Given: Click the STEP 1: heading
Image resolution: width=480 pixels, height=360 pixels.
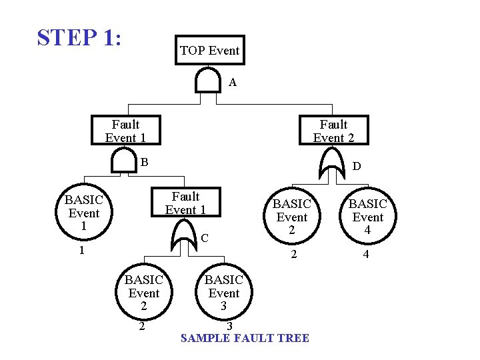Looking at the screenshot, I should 79,37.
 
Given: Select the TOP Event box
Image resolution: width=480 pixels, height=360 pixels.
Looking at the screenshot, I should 209,50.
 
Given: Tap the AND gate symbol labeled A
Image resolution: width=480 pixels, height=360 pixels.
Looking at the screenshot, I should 208,81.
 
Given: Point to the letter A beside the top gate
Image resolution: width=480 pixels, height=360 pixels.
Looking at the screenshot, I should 233,83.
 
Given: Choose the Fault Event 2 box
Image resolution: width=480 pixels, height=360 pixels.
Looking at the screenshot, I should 333,131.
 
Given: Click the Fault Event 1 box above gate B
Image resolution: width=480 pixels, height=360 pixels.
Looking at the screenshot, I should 125,131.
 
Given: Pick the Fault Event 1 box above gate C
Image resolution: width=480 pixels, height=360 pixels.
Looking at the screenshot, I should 185,203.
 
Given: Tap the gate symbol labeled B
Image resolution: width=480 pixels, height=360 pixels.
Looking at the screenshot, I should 123,161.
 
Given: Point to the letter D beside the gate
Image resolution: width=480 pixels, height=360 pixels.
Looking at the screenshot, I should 357,166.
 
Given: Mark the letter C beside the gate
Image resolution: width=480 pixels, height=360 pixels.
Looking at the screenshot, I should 205,238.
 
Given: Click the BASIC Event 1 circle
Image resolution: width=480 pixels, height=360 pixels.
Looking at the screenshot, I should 84,213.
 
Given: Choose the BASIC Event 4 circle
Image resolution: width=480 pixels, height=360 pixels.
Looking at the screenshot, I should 367,217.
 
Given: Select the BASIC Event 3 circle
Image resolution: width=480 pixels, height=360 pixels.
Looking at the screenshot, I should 223,293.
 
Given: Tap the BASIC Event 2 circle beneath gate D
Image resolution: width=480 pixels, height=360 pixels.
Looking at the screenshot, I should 291,217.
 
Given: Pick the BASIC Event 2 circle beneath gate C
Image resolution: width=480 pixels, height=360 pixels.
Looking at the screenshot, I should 143,293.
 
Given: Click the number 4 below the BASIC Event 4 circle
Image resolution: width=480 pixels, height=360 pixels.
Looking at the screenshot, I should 365,254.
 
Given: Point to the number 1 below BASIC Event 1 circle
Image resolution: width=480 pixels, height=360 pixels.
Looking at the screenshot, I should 81,251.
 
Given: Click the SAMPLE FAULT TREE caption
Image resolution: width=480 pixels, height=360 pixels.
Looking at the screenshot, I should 245,338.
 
